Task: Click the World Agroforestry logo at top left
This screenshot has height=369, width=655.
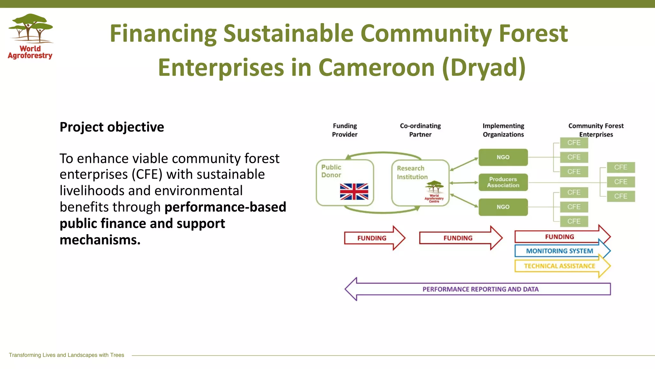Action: (30, 36)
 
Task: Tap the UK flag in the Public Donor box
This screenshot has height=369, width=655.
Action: (354, 192)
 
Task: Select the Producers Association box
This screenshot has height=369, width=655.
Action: (503, 182)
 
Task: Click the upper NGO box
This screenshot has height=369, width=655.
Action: (503, 157)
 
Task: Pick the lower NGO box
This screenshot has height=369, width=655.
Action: (503, 207)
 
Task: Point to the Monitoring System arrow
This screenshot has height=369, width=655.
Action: (559, 251)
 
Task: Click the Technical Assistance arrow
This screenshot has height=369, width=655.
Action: (559, 266)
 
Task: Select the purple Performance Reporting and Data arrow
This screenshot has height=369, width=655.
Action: (480, 289)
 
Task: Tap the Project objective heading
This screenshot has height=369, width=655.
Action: (112, 127)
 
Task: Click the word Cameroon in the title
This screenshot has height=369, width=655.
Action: (377, 68)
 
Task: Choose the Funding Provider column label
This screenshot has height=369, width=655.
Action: (344, 130)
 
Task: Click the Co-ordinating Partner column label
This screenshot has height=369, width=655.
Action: (420, 130)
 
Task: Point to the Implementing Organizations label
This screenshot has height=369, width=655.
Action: (503, 130)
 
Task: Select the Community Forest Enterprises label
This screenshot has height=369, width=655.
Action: (596, 130)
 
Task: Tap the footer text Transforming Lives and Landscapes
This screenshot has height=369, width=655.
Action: (67, 355)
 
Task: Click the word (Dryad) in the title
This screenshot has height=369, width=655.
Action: (484, 68)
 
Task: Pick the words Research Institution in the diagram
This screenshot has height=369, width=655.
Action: (412, 172)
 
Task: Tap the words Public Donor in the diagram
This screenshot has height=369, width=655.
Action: (331, 171)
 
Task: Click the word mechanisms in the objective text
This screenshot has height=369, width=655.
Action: (100, 240)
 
